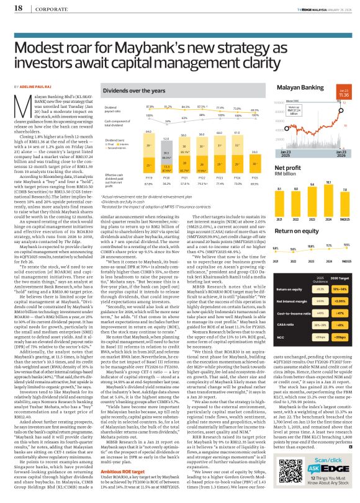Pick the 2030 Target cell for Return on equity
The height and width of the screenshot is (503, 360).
(341, 270)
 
